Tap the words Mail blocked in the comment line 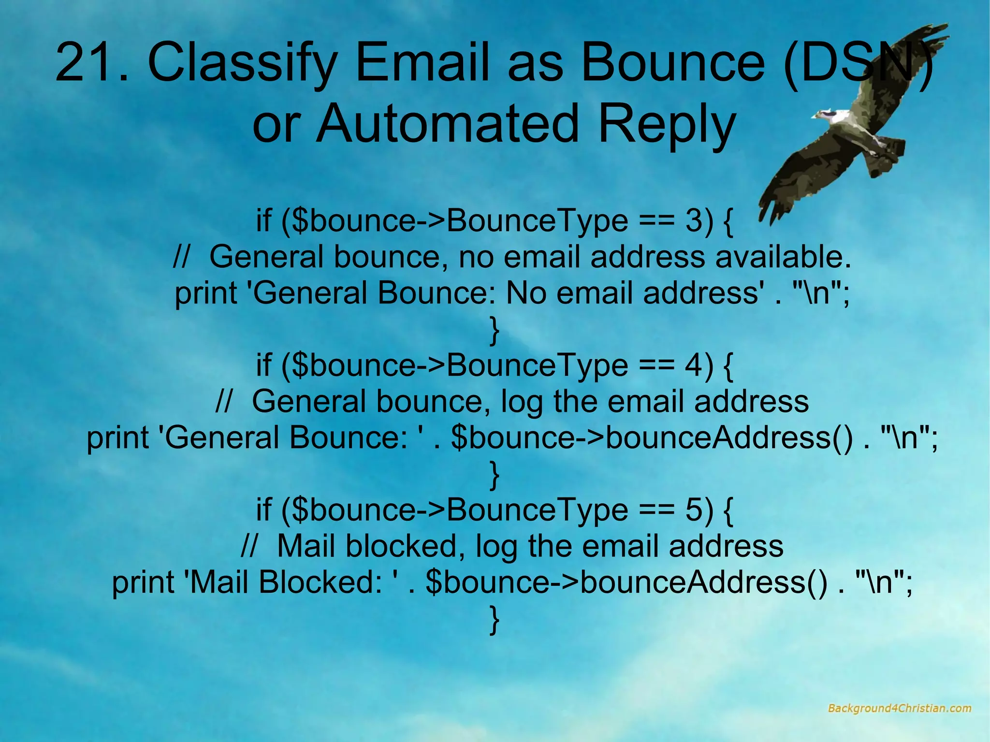coord(367,546)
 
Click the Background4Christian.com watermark coord(899,709)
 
